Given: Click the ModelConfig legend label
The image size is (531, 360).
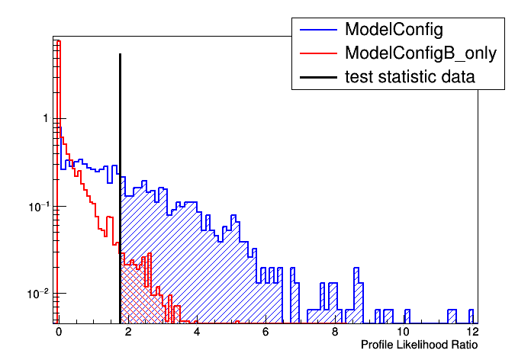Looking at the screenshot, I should [x=394, y=30].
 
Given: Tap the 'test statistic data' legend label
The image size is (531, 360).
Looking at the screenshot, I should [x=410, y=76].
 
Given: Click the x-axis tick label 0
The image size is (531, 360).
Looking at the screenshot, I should [x=58, y=332].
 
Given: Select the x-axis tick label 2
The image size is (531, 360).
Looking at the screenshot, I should [x=127, y=332].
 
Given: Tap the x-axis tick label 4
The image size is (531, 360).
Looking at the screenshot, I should [x=197, y=332].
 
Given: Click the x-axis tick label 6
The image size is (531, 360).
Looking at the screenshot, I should [x=265, y=332].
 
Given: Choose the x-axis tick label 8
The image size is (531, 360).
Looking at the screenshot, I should [x=335, y=332].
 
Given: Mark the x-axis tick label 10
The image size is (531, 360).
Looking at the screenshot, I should [x=404, y=332].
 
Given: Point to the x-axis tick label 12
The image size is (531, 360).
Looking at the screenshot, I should [x=472, y=332].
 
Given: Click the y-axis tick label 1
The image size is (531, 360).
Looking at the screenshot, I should [x=46, y=119].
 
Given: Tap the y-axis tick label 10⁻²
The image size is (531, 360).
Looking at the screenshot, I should [x=39, y=294].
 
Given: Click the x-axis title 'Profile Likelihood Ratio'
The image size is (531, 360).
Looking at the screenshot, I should [x=420, y=346].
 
